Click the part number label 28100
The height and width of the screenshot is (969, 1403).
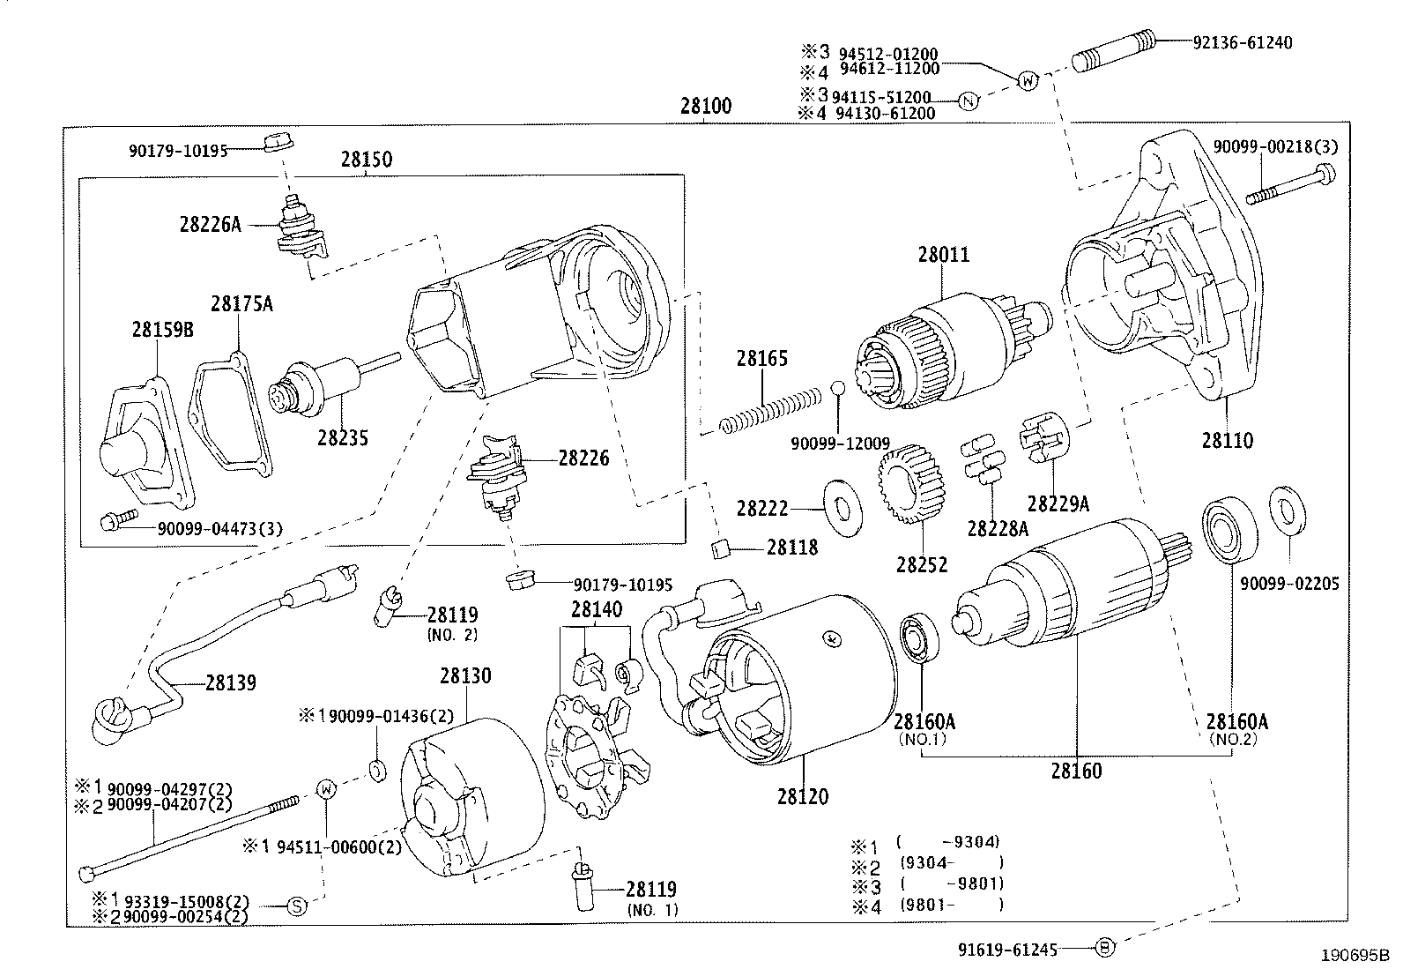pyautogui.click(x=706, y=107)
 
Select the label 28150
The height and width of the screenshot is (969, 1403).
pyautogui.click(x=367, y=160)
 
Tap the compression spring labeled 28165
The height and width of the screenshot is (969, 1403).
pyautogui.click(x=769, y=411)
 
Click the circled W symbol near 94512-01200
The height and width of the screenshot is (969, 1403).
pyautogui.click(x=1028, y=81)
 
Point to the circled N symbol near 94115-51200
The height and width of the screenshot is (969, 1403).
pyautogui.click(x=968, y=102)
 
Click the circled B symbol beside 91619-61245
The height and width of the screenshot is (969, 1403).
pyautogui.click(x=1105, y=949)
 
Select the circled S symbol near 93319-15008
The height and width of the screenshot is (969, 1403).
pyautogui.click(x=297, y=906)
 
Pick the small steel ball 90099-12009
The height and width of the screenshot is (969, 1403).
pyautogui.click(x=838, y=389)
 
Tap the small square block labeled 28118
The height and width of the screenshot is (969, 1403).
pyautogui.click(x=720, y=549)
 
